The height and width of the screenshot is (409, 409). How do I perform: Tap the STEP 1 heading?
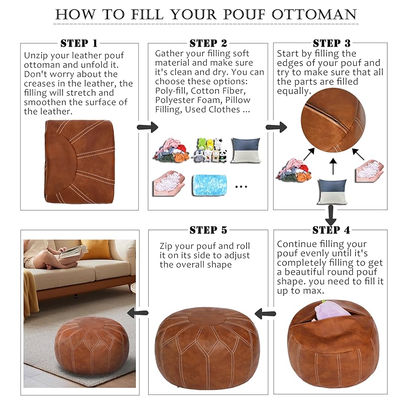coord(79,43)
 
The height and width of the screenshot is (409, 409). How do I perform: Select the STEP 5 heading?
coord(208,230)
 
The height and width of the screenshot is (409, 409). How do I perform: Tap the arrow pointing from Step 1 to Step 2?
coord(147,127)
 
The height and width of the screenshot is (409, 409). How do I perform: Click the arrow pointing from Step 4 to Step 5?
coord(265,314)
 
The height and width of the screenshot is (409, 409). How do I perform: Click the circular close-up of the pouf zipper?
coord(333,120)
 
